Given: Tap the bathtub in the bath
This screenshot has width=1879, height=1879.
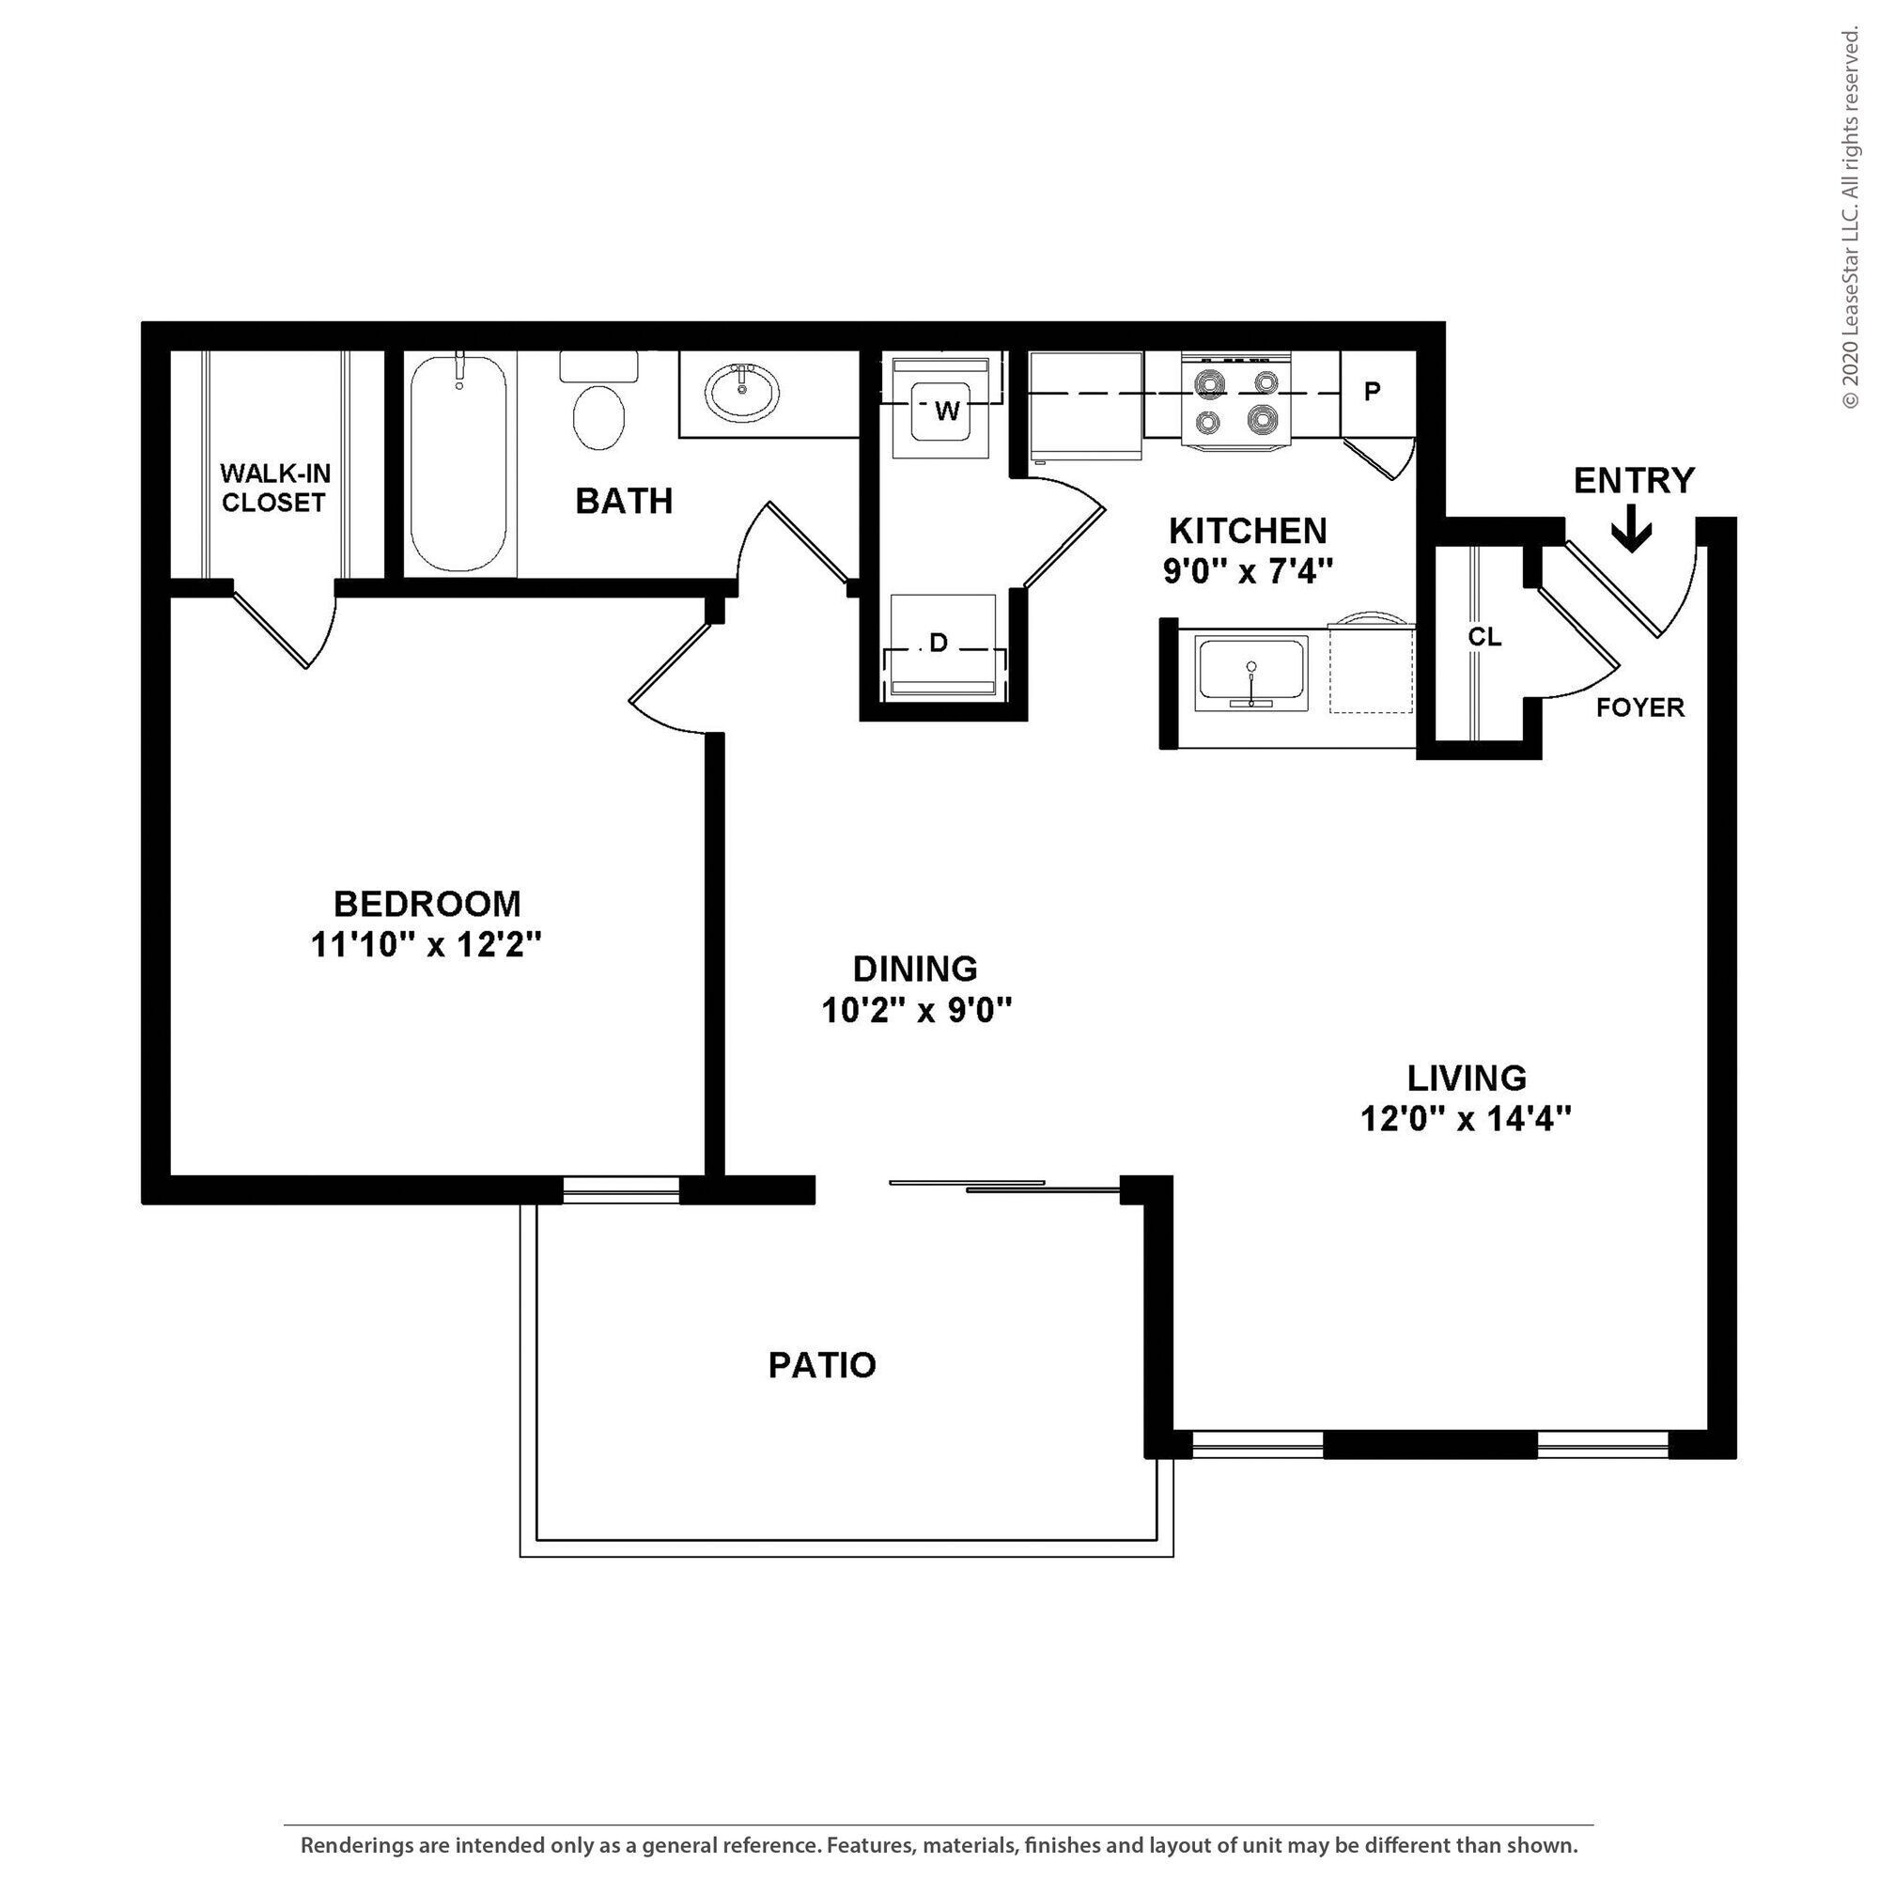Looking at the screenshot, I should [x=458, y=465].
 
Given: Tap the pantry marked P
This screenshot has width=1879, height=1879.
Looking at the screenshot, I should [x=1373, y=392].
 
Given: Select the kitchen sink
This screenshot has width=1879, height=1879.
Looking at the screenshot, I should [x=1250, y=672].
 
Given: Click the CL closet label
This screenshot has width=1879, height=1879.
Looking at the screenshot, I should [x=1484, y=637].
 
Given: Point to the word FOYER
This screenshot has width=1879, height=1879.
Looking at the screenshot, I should [x=1639, y=708].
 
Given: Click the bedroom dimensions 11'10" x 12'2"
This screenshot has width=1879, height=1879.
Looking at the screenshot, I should [x=426, y=944].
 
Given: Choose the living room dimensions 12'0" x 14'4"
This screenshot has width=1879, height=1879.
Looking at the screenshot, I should [x=1466, y=1120].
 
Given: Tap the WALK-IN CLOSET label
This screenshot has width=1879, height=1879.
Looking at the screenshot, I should [x=274, y=488].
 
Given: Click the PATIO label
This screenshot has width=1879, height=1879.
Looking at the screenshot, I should [x=822, y=1364].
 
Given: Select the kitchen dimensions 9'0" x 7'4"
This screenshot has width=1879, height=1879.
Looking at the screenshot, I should [x=1247, y=571].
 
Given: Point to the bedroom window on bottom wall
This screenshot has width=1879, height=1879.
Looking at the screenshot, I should [x=620, y=1188].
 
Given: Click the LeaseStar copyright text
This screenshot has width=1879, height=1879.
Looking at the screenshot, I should [x=1851, y=219].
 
